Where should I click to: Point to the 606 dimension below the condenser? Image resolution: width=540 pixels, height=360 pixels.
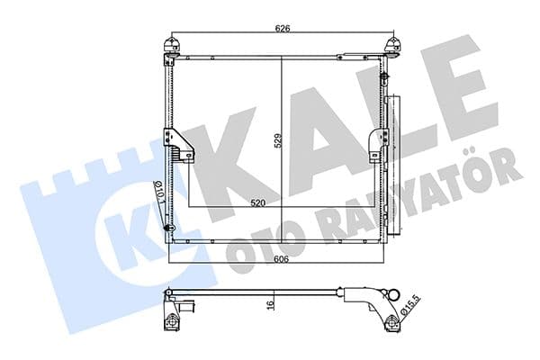click(x=282, y=257)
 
